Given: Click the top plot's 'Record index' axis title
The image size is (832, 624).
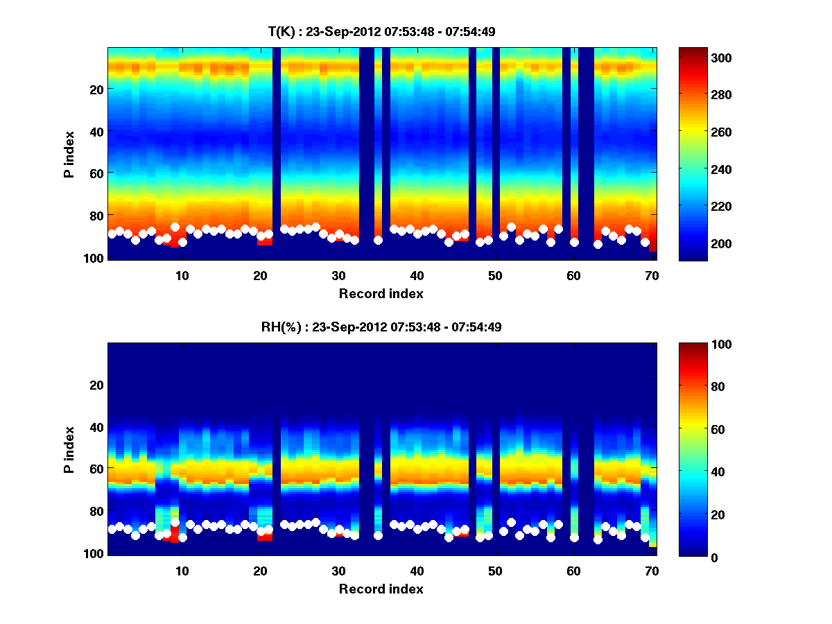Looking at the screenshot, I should point(381,293).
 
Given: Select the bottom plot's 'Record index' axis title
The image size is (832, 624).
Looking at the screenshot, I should point(381,589).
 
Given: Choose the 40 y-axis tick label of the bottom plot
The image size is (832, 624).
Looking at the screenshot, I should point(96,427).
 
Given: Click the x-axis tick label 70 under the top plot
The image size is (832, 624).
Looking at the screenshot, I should point(652,275).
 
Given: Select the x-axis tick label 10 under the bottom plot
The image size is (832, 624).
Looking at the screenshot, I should point(182,571).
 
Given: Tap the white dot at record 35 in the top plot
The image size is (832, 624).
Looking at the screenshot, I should point(378,240).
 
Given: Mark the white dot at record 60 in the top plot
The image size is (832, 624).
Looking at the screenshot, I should point(574,242).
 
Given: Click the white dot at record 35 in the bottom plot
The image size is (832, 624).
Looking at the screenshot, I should point(378,535).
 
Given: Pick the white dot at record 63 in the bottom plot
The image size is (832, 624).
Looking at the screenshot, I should point(598,539).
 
